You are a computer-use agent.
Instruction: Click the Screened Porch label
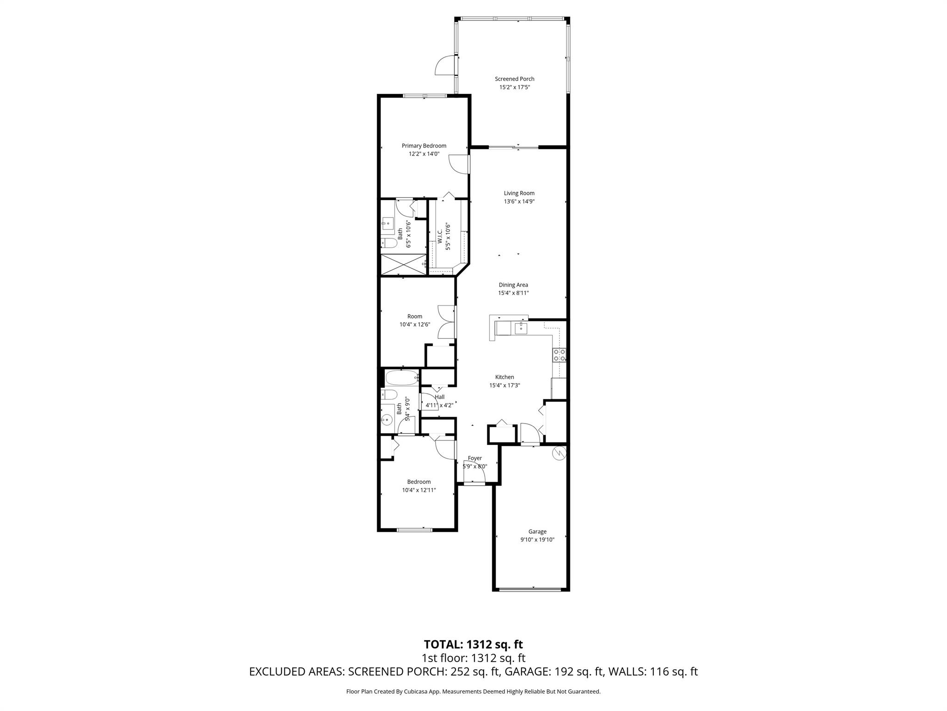point(514,79)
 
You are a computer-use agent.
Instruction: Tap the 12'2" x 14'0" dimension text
point(424,154)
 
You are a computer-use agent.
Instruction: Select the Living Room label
point(519,193)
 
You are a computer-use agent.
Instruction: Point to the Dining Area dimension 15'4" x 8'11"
point(513,293)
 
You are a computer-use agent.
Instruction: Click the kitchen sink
point(521,328)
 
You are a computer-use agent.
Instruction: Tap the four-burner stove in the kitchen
point(559,355)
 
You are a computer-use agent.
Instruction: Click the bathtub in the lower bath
point(402,378)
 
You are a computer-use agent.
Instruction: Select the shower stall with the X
point(403,265)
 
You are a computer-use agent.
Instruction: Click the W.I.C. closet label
point(440,237)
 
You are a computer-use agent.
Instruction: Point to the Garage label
point(537,532)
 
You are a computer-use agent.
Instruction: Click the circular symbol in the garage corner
point(560,453)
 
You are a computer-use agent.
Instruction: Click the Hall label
point(439,397)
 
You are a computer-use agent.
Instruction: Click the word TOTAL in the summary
point(443,644)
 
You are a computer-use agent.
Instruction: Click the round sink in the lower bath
point(386,420)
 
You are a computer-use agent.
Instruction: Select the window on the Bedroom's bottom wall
point(415,529)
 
